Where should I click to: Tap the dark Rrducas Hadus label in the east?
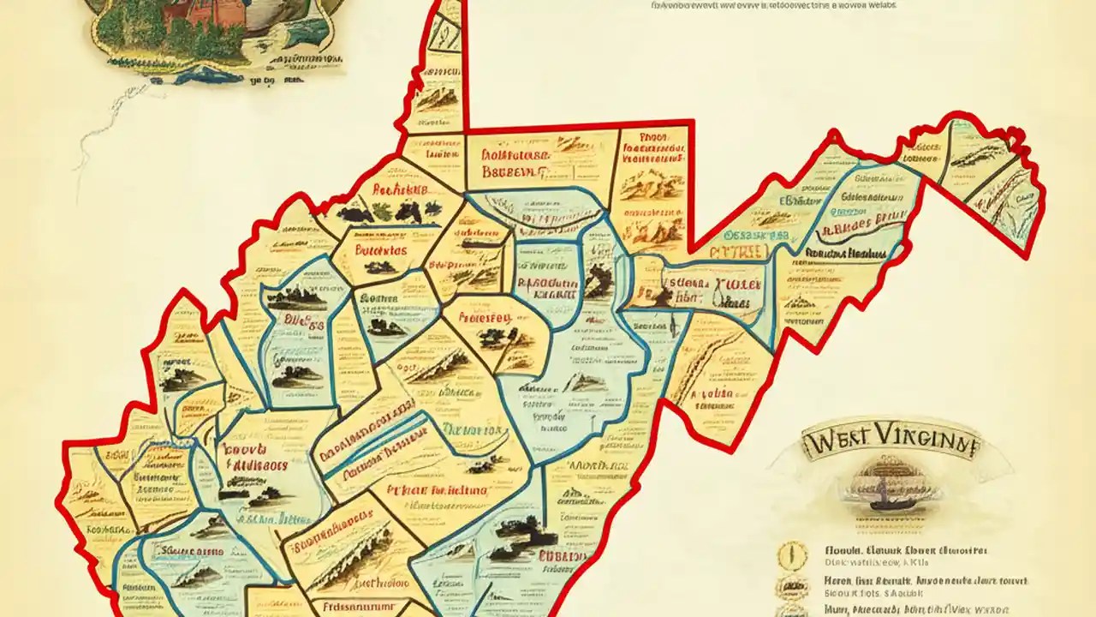point(848,254)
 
